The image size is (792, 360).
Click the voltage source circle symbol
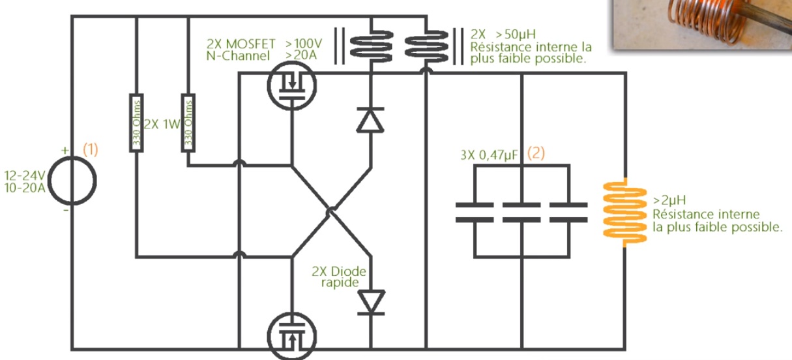pos(72,180)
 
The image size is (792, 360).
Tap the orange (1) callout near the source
pos(90,149)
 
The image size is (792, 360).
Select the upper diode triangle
pos(370,120)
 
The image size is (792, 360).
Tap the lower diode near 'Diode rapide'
pos(370,302)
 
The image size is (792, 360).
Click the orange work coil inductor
pos(625,211)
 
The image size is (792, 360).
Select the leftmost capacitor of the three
pos(475,212)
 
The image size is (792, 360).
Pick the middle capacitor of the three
pos(521,212)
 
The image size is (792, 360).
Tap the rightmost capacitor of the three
pos(568,212)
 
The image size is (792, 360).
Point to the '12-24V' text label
pos(24,175)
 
